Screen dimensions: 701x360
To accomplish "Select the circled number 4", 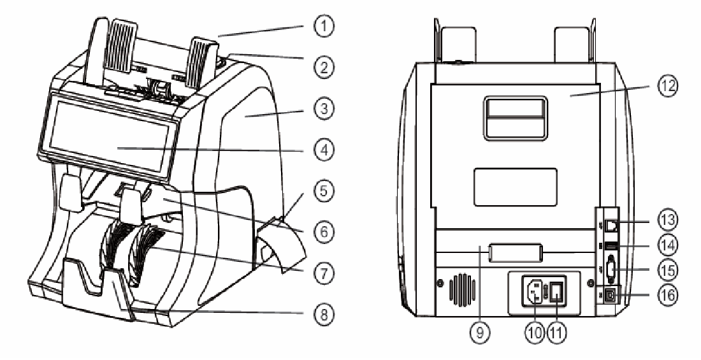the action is click(x=323, y=149).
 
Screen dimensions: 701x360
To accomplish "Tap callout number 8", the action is click(x=323, y=314).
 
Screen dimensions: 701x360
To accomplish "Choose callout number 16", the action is click(x=667, y=295).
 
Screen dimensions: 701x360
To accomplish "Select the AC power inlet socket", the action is click(x=533, y=292).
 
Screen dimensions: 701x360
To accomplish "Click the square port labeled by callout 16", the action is click(x=611, y=295).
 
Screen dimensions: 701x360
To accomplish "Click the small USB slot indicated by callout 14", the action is click(x=611, y=245).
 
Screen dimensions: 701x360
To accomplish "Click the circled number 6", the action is click(x=323, y=232).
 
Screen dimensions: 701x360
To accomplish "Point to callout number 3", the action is click(x=323, y=109).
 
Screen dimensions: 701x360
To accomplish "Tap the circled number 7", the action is click(x=323, y=272).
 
